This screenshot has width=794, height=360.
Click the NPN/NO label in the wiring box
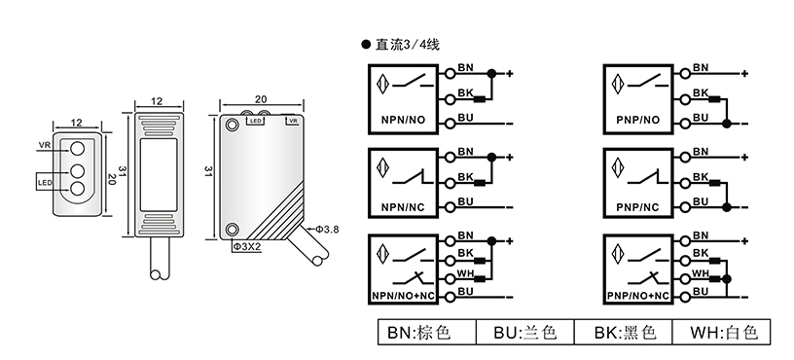403,120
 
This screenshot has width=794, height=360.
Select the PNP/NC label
638,207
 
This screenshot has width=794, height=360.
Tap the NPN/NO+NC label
404,296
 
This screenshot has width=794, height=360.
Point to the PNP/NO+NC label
638,296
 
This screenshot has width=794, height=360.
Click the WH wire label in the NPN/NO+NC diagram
465,273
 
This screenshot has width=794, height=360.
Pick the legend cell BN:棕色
427,332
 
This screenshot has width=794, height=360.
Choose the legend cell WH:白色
722,332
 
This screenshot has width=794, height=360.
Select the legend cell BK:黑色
624,332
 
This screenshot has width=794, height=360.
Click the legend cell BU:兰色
525,332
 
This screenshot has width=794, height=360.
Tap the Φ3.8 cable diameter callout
327,230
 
